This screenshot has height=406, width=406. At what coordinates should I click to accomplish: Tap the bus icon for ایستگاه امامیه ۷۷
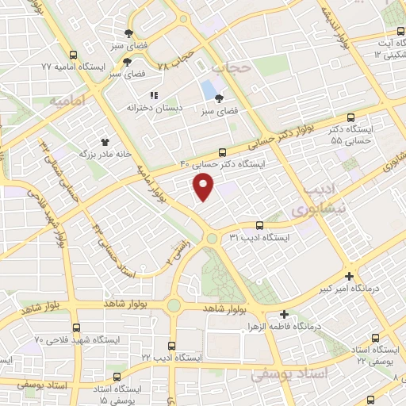click(74, 56)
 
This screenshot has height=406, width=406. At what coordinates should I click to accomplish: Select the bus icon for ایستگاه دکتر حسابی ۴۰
click(222, 151)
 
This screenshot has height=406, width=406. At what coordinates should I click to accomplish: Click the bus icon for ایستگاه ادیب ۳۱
click(260, 225)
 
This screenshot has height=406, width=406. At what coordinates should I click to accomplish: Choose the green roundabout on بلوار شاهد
click(174, 305)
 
